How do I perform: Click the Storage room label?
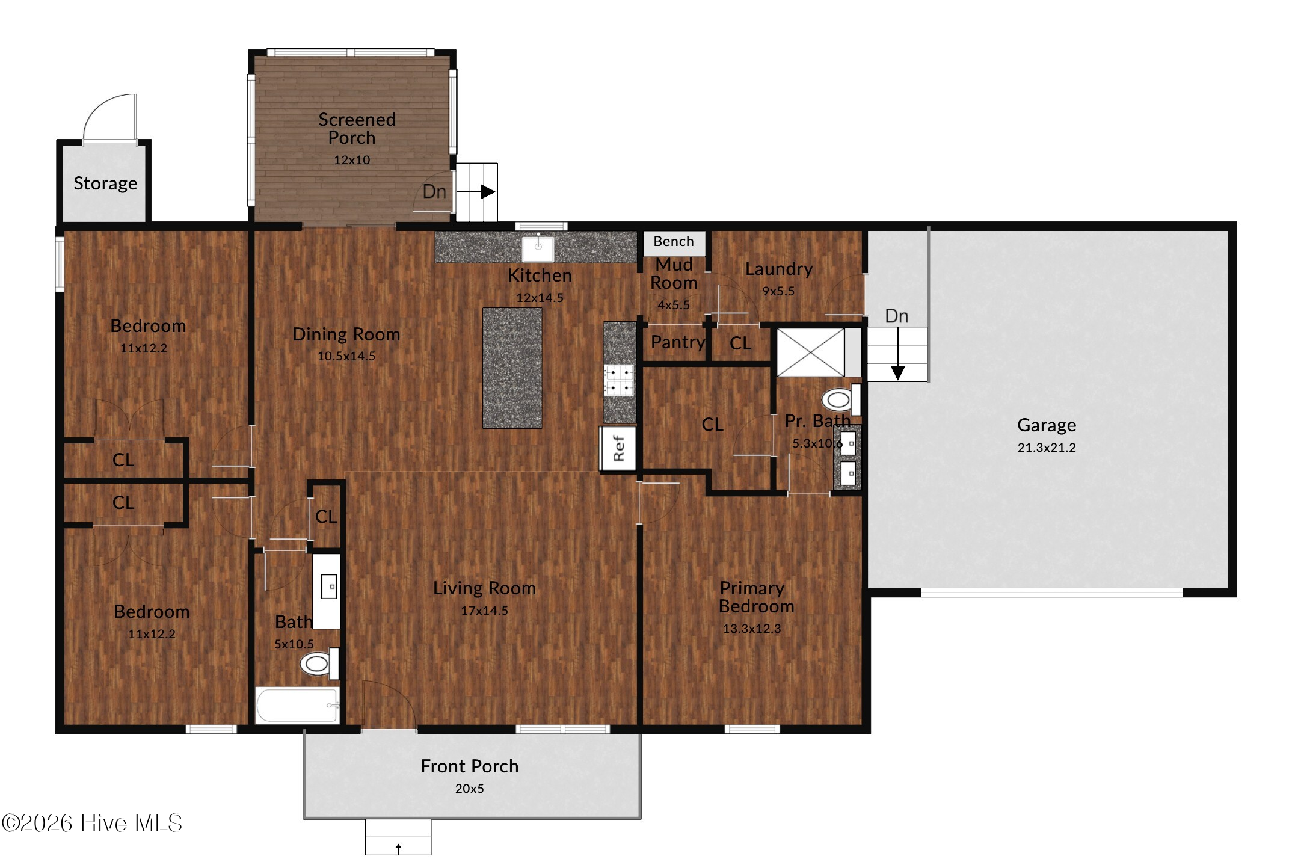pyautogui.click(x=105, y=183)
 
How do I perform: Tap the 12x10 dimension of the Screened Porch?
pyautogui.click(x=352, y=160)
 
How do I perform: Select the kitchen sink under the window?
pyautogui.click(x=538, y=247)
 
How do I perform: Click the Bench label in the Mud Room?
pyautogui.click(x=674, y=241)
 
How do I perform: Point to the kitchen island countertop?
pyautogui.click(x=512, y=368)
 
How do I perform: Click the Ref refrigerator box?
pyautogui.click(x=618, y=448)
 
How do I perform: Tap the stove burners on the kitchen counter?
pyautogui.click(x=620, y=380)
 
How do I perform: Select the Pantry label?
pyautogui.click(x=678, y=343)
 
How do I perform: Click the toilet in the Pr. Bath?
pyautogui.click(x=841, y=399)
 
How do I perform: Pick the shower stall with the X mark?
pyautogui.click(x=811, y=352)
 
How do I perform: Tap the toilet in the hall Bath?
pyautogui.click(x=319, y=664)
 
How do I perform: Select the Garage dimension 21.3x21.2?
pyautogui.click(x=1047, y=448)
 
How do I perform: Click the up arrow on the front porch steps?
pyautogui.click(x=398, y=848)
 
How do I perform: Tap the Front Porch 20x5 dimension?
pyautogui.click(x=469, y=789)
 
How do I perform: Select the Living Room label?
pyautogui.click(x=484, y=588)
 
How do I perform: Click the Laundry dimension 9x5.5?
pyautogui.click(x=779, y=291)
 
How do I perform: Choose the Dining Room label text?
pyautogui.click(x=346, y=334)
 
